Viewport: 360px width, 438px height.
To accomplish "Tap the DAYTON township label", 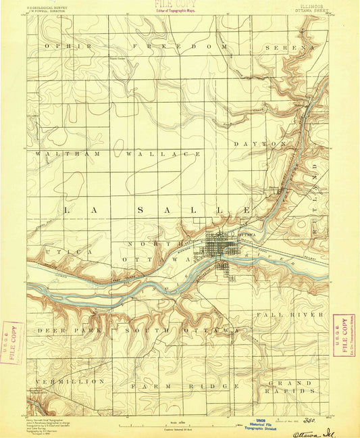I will (x=260, y=144).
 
